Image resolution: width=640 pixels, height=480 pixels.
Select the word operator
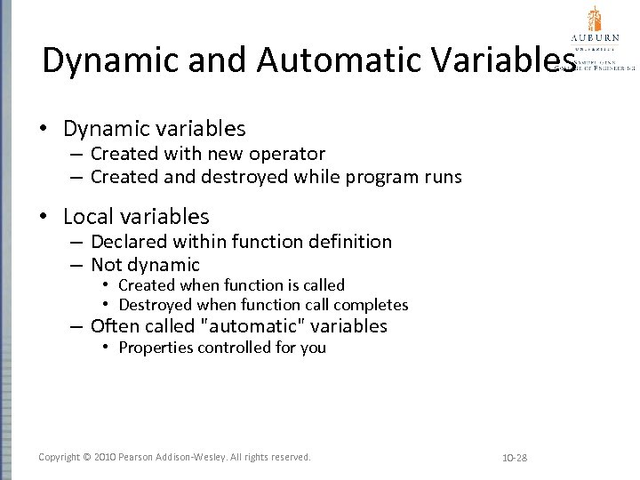(291, 154)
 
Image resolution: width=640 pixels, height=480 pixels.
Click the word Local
(90, 216)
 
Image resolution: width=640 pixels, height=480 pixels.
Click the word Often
(116, 326)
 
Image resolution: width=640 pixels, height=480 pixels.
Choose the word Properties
(156, 348)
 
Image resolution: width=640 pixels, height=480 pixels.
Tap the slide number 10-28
(515, 458)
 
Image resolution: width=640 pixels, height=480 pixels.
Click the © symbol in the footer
(87, 457)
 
